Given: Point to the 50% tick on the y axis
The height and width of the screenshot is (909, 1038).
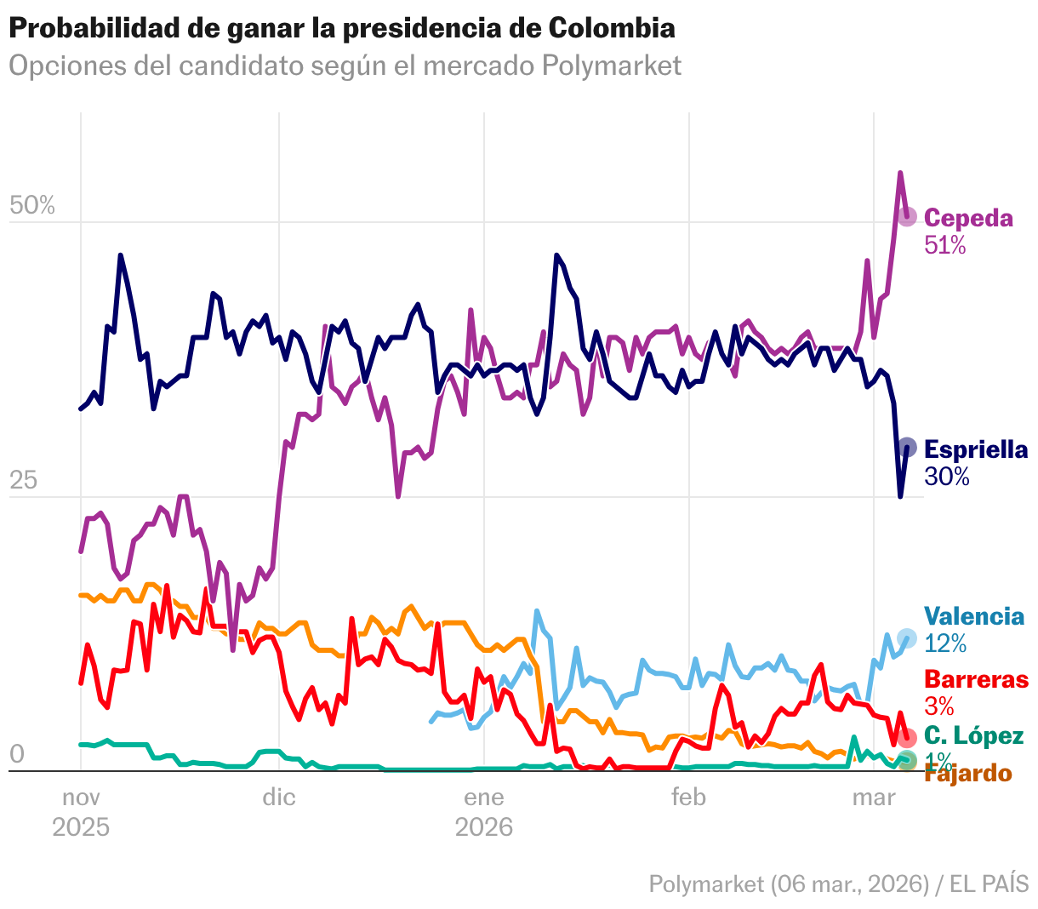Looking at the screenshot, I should tap(31, 206).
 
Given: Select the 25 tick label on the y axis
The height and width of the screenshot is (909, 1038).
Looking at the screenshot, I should tap(24, 481).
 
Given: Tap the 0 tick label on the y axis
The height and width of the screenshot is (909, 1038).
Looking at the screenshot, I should tap(16, 754).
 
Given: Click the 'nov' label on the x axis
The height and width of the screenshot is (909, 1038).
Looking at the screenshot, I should tap(81, 798).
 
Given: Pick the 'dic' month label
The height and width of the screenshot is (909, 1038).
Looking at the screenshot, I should tap(279, 798).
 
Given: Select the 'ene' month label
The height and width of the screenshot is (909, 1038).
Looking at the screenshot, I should tap(484, 798).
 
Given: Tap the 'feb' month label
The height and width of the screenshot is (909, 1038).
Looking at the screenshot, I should tap(688, 798).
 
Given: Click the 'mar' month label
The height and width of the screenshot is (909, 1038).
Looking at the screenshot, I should tap(874, 798).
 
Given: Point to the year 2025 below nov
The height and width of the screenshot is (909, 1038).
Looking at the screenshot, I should tap(81, 827).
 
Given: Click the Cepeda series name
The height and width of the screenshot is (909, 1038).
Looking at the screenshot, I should tap(968, 218).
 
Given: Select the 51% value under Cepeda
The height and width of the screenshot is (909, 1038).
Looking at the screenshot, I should tap(945, 246).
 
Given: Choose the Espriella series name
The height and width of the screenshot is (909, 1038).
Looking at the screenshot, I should tap(976, 449).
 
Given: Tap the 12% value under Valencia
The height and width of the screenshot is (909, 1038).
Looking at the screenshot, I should tap(945, 643).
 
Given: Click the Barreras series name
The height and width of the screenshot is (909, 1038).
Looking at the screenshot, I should tap(976, 679).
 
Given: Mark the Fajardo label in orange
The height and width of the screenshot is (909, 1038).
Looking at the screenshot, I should tap(968, 774).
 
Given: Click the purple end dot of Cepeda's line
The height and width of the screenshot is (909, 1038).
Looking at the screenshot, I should tap(907, 216).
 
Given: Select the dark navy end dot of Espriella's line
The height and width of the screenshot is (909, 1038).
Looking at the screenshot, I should tap(907, 448).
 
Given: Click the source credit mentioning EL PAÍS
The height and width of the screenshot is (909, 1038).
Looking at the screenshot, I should tap(839, 883).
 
